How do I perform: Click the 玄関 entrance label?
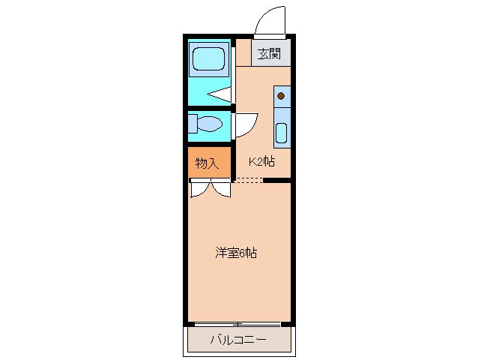(x=270, y=54)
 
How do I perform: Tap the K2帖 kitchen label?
(x=261, y=161)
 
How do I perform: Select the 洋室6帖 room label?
(x=236, y=253)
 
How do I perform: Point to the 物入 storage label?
(x=207, y=163)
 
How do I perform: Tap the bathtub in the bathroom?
(x=208, y=59)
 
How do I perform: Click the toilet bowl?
(x=209, y=123)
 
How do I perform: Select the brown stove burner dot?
(x=281, y=95)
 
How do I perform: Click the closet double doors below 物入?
(x=209, y=189)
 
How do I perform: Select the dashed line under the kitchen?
(x=249, y=180)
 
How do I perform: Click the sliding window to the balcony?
(x=238, y=324)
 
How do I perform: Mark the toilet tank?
(x=192, y=123)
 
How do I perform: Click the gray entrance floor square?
(x=270, y=54)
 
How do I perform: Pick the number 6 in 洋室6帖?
(x=244, y=253)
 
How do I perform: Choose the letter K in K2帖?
(x=252, y=161)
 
